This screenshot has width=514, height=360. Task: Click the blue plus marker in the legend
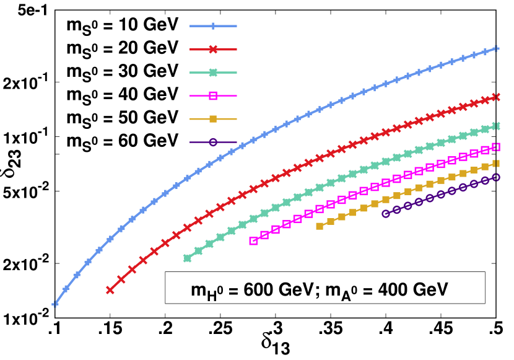click(x=213, y=26)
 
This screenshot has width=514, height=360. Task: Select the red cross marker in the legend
click(x=213, y=49)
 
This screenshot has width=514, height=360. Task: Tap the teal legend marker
click(x=213, y=72)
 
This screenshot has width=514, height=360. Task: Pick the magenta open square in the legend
click(x=213, y=95)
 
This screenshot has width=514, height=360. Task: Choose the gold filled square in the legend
click(x=213, y=119)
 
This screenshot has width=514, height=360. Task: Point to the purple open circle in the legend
click(x=213, y=142)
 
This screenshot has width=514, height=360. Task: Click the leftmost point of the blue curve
click(x=55, y=304)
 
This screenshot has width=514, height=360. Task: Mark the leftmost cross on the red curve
click(x=110, y=289)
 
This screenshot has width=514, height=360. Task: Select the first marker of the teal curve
click(x=187, y=258)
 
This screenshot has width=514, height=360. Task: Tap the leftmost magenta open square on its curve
click(x=253, y=240)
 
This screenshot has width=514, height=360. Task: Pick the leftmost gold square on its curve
click(x=320, y=226)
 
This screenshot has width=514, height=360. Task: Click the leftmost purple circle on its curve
click(x=385, y=214)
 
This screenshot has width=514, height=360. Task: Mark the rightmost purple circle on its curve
click(x=496, y=177)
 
